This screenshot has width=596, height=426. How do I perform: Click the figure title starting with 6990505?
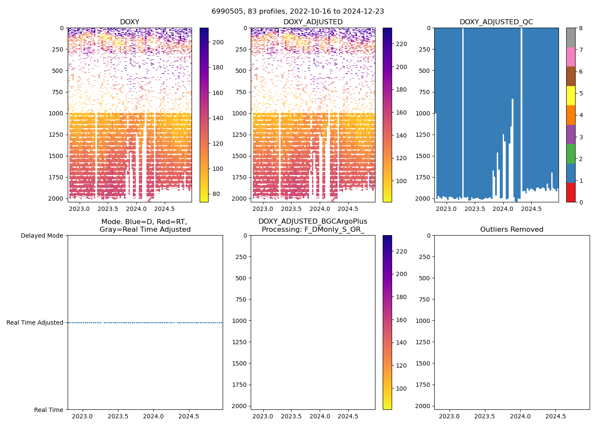pos(298,12)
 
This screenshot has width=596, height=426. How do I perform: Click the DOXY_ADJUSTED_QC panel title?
pos(496,22)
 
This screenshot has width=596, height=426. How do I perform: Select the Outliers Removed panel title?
pos(512,230)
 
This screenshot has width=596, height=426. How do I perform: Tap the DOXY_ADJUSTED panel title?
pos(313,22)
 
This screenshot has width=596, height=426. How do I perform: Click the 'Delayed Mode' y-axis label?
pos(42,236)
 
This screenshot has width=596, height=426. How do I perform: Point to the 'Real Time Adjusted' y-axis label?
pos(35,322)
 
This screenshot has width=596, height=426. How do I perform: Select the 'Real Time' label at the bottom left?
pos(49,410)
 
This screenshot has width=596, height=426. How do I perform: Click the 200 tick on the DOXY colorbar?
pos(218,42)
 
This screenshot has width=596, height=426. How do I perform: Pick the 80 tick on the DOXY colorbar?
pos(216,194)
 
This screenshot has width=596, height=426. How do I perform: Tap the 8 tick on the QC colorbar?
pos(580,28)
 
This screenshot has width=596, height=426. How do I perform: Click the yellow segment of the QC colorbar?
pos(570,95)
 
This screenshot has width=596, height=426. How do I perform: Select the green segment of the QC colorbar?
pos(570,153)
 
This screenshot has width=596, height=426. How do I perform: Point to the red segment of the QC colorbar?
pos(570,192)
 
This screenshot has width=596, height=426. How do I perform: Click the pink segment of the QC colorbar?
pos(570,57)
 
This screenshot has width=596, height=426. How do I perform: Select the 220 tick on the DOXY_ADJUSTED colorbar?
pos(401,251)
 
